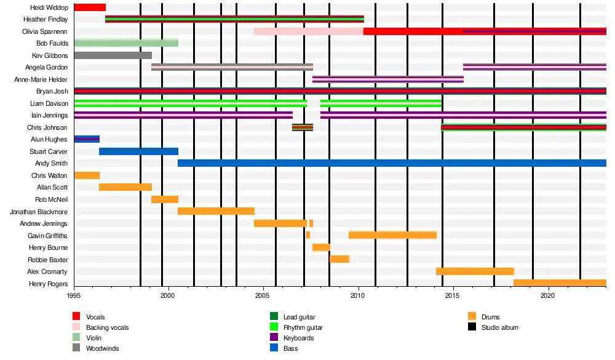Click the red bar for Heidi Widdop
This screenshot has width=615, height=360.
point(90,7)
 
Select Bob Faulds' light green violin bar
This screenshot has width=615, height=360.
point(126,43)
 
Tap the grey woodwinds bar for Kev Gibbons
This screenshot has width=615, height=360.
point(113,55)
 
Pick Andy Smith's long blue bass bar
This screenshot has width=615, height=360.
point(392,163)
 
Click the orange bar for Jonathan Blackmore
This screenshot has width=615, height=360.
point(216,211)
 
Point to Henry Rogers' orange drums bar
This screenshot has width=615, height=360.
point(560,283)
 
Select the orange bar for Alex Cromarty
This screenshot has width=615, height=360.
point(475,271)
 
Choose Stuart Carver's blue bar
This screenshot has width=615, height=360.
point(138,151)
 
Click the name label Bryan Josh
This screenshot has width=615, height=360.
point(52,92)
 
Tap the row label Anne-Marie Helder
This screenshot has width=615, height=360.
point(41,79)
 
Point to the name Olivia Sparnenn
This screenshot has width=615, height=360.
point(45,31)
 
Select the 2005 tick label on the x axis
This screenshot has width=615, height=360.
point(263,295)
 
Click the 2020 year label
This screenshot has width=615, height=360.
point(549,295)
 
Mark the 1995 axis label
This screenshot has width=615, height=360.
point(74,295)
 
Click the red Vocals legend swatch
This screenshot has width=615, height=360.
point(77,317)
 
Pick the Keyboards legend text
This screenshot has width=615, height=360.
point(298,338)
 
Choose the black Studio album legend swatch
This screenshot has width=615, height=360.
point(472,327)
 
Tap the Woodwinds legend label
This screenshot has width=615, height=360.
point(102,348)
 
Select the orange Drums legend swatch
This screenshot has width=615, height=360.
point(472,317)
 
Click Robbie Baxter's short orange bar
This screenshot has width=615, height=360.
point(339,259)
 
